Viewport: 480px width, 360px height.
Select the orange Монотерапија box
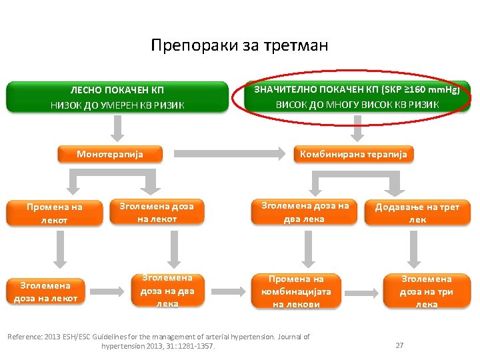pos(109,154)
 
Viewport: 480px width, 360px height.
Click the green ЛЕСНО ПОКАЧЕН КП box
pos(117,97)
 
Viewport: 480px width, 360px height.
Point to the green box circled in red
pos(353,97)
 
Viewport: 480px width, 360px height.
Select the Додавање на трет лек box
pos(417,213)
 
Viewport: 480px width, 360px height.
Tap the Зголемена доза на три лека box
pos(426,291)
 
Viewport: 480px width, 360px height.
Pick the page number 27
pos(400,345)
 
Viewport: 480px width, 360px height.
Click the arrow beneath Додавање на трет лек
pos(426,248)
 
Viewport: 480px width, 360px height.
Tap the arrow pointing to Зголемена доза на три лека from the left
pos(363,291)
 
